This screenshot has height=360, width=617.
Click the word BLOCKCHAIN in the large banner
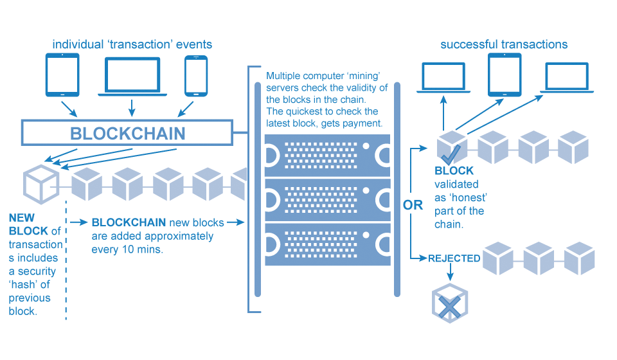point(127,133)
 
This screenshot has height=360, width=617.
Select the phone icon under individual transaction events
point(195,75)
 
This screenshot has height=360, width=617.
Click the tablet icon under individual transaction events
point(62,75)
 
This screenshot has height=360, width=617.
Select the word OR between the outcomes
point(412,205)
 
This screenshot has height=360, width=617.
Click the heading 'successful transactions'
point(504,44)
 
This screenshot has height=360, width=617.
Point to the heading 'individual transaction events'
point(132,45)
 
